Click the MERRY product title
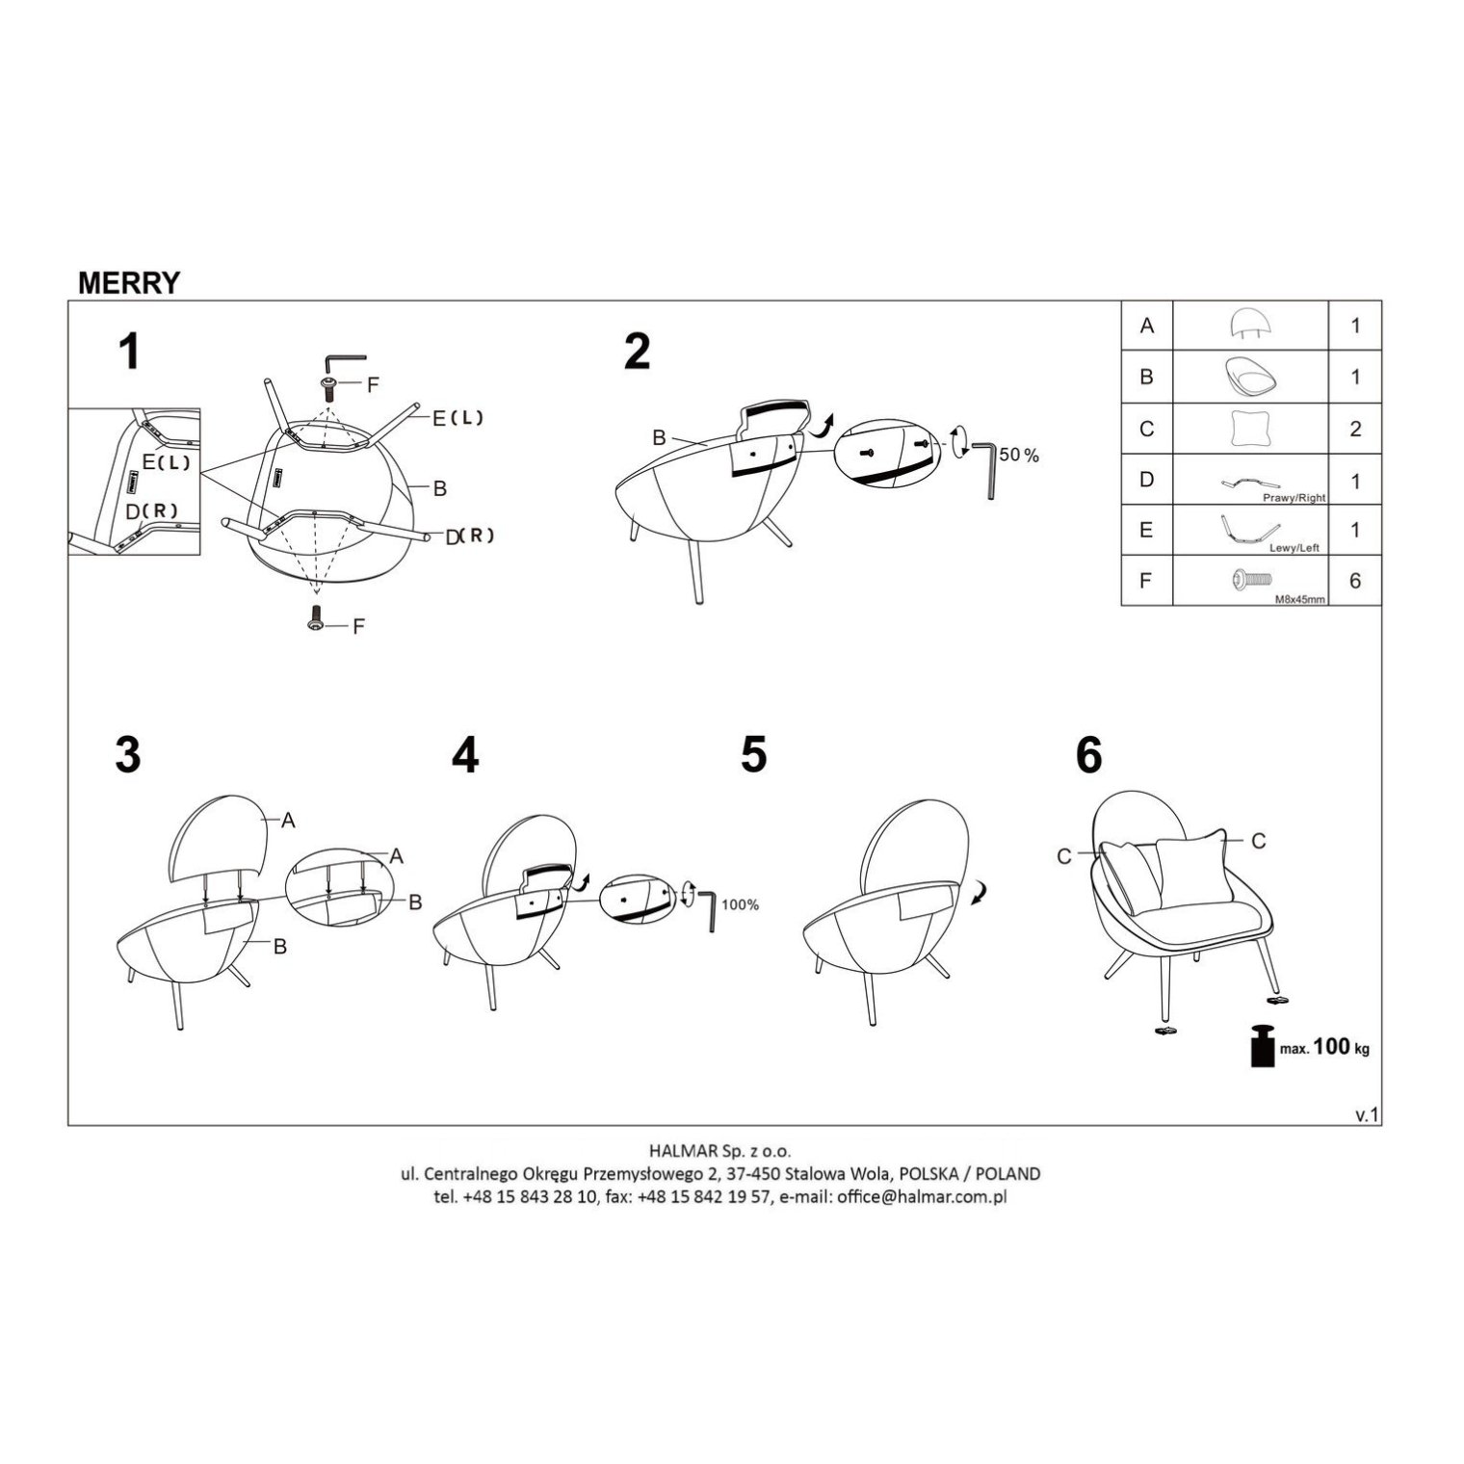pos(128,282)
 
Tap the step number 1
pos(128,352)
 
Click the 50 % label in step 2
pos(1019,456)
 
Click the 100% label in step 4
pos(740,904)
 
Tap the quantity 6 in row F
pos(1355,582)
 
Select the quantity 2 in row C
pos(1355,429)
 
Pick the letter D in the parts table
pos(1146,480)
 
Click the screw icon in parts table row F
pos(1249,579)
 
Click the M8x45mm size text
pos(1299,598)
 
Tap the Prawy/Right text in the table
pos(1294,498)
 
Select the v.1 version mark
pos(1368,1114)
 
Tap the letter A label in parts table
pos(1146,326)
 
